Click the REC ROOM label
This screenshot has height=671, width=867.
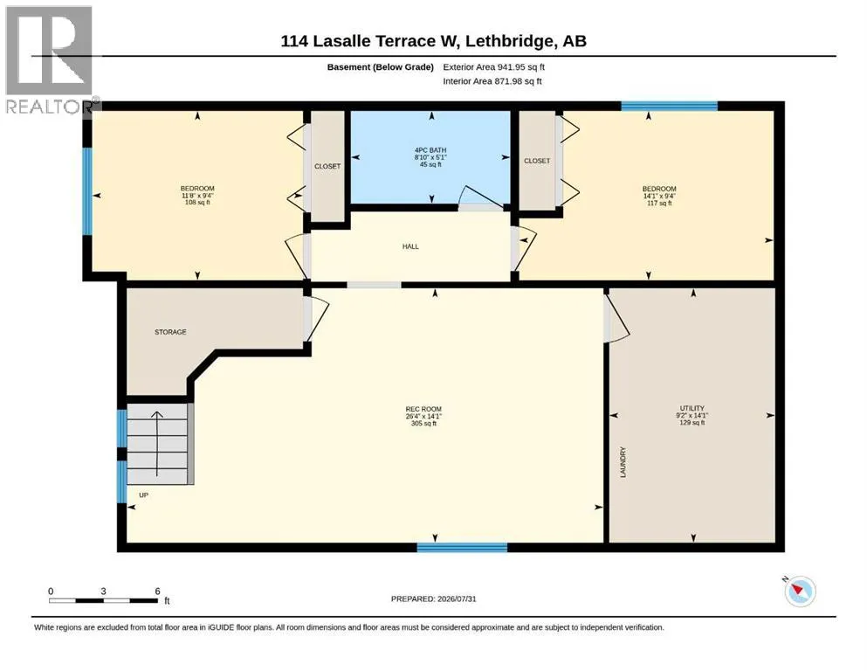tap(423, 410)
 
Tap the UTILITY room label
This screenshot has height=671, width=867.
tap(692, 408)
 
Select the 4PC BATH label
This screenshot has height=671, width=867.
tap(430, 150)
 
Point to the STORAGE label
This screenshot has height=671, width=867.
tap(170, 332)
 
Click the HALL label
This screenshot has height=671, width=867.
tap(410, 246)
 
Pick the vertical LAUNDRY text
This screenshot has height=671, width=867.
tap(623, 462)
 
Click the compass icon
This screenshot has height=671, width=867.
tap(800, 591)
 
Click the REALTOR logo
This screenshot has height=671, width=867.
tap(50, 59)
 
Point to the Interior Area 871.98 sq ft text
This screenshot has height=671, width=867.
tap(492, 81)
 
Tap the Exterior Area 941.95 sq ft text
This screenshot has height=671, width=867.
tap(494, 67)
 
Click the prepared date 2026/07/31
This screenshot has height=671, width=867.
tap(457, 598)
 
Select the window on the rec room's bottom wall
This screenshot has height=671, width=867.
tap(462, 548)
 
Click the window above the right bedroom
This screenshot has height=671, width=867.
tap(669, 107)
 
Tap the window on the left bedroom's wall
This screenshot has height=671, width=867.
tap(87, 190)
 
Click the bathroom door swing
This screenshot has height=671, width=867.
tap(480, 198)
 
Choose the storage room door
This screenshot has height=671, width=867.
tap(316, 320)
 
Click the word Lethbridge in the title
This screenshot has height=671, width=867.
tap(509, 41)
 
